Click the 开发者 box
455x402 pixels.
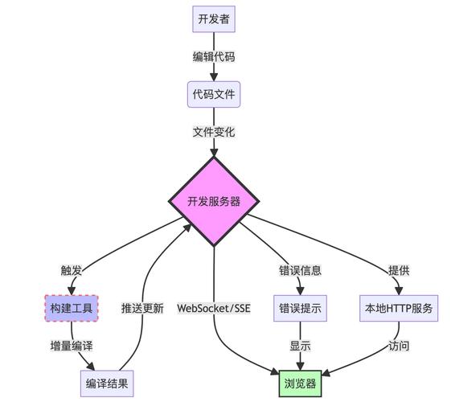pos(214,19)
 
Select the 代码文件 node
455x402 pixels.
pos(214,94)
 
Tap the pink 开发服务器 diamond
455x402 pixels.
pos(214,201)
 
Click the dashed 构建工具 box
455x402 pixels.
pos(72,308)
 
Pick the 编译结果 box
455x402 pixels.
pos(107,384)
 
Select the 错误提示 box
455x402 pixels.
pos(300,308)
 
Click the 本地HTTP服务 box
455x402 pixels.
pos(399,308)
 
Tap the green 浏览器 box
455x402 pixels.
pos(300,384)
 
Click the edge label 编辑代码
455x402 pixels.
pos(214,56)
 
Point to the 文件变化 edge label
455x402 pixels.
pos(214,132)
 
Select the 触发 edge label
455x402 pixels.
pos(72,270)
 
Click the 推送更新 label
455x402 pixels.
pos(142,308)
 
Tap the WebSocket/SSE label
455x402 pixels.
pos(214,308)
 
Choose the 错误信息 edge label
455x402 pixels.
pos(300,270)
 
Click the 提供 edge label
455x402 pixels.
pos(399,270)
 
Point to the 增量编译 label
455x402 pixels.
pos(72,346)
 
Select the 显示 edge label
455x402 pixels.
pos(300,346)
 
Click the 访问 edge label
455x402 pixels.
pos(399,346)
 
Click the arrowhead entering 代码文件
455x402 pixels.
pos(214,77)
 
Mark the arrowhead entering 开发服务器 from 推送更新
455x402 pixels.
pos(188,228)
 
